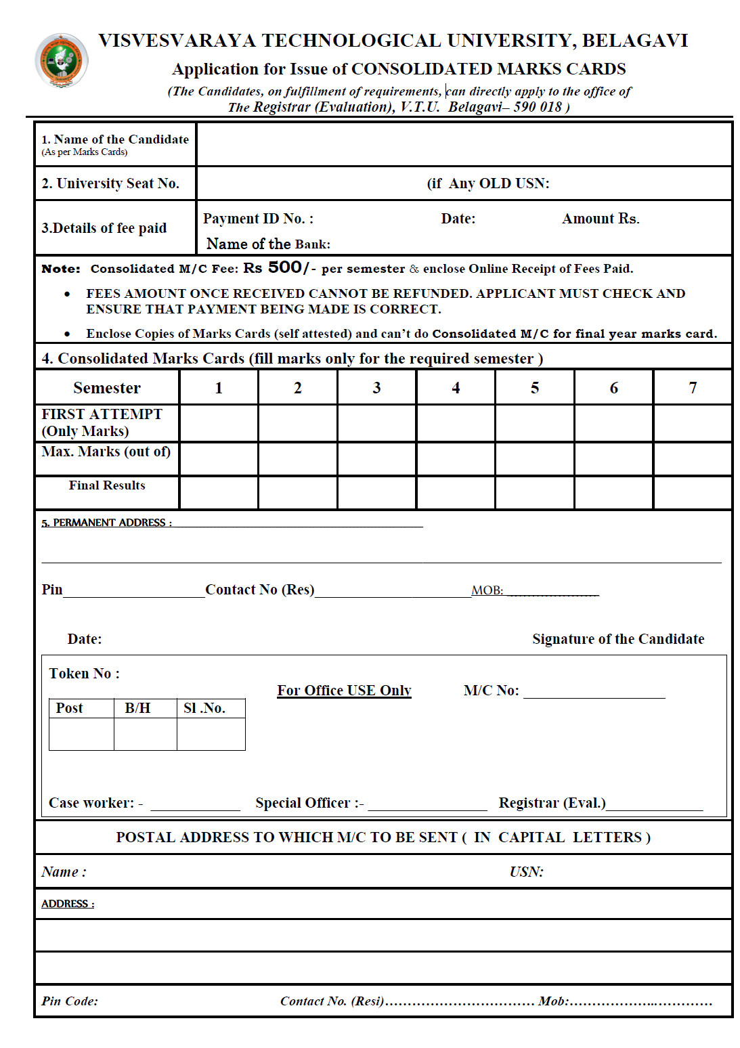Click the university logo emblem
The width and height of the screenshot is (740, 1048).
tap(61, 61)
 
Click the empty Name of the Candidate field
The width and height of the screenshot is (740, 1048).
tap(464, 144)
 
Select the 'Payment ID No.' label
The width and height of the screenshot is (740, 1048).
tap(258, 219)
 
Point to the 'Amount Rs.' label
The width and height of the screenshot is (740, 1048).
tap(600, 219)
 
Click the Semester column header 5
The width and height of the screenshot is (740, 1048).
tap(534, 388)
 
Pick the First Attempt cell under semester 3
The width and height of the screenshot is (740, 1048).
tap(376, 423)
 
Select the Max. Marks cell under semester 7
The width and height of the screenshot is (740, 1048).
tap(692, 459)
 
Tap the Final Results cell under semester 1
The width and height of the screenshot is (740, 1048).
tap(219, 492)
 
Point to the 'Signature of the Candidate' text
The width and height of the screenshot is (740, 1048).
tap(617, 639)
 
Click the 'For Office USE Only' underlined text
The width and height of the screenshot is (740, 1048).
tap(344, 691)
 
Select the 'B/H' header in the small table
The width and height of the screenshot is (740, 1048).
tap(137, 708)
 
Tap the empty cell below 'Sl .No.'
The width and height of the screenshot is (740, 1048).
tap(211, 734)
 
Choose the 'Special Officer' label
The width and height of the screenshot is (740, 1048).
tap(309, 803)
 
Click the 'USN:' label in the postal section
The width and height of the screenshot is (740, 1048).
tap(526, 872)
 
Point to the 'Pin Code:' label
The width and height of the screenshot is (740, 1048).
tap(70, 1001)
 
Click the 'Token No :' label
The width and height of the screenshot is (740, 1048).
tap(84, 674)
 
